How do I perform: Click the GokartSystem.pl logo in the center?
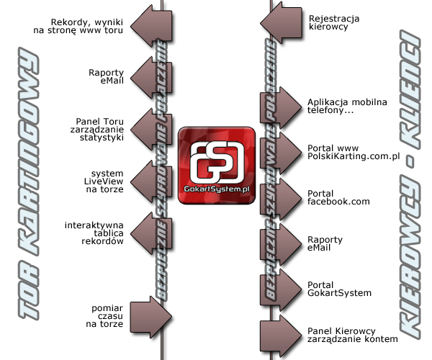pos(217,163)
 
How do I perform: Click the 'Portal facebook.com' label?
pos(338,197)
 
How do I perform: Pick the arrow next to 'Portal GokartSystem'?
pos(279,289)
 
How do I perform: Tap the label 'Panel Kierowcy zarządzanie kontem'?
pos(352,334)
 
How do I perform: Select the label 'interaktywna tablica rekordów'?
pos(94,234)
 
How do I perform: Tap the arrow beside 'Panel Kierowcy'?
pos(279,335)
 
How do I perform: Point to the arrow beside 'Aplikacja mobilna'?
pos(279,107)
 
